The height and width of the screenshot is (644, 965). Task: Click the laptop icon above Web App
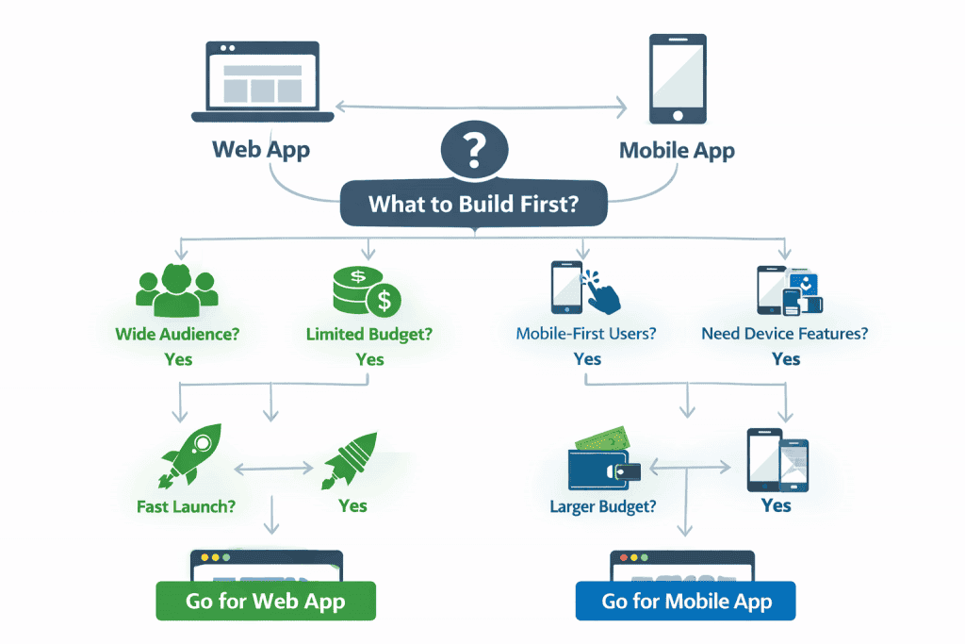click(262, 82)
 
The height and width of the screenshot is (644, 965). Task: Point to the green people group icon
click(177, 289)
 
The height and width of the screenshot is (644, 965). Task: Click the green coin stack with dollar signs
click(368, 291)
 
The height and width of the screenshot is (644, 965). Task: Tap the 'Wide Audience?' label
click(176, 334)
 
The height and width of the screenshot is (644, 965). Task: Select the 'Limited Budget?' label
click(369, 334)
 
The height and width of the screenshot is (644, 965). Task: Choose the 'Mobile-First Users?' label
click(586, 334)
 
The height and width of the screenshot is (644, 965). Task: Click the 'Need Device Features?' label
click(785, 334)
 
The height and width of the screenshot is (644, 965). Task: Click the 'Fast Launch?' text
click(187, 506)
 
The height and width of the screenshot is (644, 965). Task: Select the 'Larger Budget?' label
click(603, 506)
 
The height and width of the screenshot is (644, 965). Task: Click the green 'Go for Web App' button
click(266, 601)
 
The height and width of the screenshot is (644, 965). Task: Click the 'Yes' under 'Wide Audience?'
click(177, 359)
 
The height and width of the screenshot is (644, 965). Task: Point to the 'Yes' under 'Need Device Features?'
click(786, 359)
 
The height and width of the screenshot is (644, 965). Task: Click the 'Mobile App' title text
click(677, 150)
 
